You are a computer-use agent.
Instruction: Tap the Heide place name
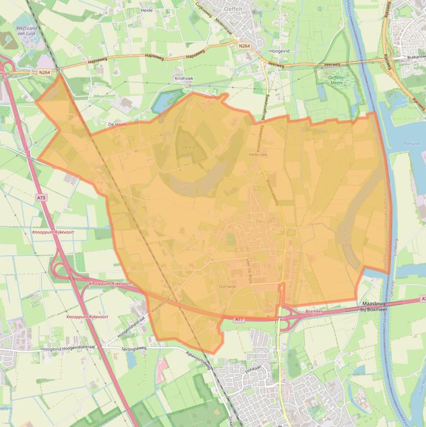[147, 10]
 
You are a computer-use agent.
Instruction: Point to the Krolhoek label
[184, 79]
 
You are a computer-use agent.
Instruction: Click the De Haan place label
[117, 125]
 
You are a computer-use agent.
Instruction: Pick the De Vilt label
[188, 147]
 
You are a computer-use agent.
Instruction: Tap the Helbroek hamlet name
[258, 155]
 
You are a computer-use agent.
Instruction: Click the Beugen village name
[265, 221]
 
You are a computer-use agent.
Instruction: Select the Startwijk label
[228, 287]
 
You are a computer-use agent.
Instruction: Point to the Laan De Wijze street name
[249, 268]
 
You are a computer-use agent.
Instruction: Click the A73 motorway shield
[42, 197]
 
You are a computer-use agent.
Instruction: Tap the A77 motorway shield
[239, 319]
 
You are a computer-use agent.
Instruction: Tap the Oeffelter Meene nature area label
[337, 80]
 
